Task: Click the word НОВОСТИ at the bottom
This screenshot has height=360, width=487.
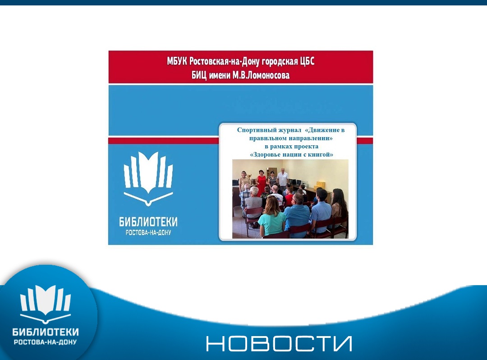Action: pos(279,343)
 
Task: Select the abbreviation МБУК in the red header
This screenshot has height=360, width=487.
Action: pos(177,61)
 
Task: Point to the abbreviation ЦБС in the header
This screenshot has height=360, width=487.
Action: pos(307,61)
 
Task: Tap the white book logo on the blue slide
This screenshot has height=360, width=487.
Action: pos(148,179)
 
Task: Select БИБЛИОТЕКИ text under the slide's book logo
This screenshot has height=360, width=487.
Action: pos(148,222)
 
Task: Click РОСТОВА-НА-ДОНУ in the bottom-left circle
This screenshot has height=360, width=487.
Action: pos(46,342)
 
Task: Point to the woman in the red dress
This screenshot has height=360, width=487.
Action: pos(261,182)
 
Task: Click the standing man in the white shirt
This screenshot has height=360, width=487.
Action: pos(282,179)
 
